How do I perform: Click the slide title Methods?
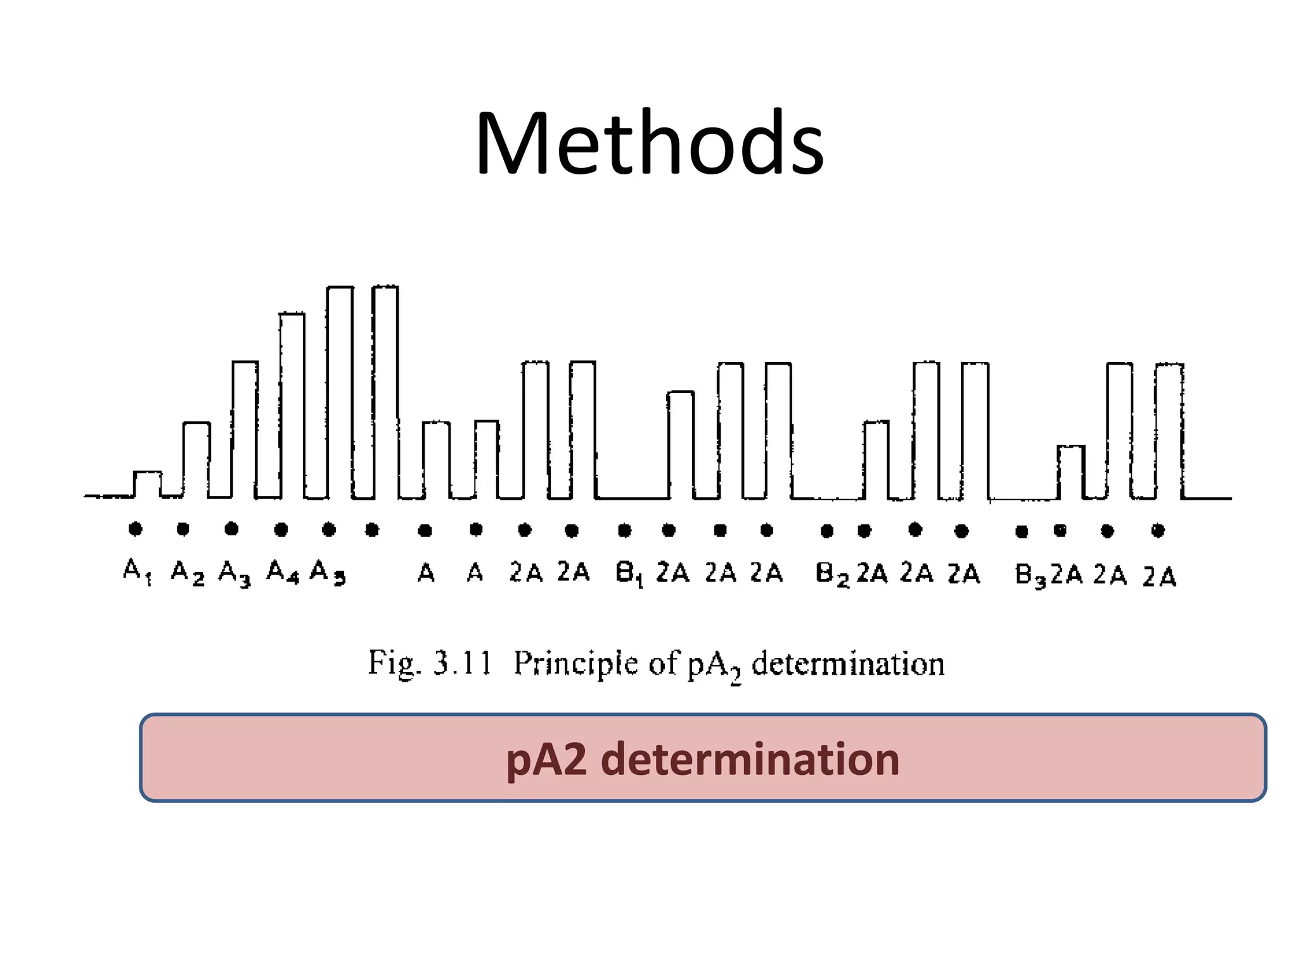650,144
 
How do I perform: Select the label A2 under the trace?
188,573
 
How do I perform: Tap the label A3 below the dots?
235,573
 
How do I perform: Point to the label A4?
283,573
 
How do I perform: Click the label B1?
629,574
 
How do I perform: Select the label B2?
832,575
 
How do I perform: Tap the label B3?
1029,576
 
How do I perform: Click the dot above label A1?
135,528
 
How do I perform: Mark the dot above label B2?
826,531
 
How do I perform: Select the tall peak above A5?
340,390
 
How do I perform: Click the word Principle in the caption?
575,664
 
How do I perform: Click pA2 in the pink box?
546,759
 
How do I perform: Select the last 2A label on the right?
1159,577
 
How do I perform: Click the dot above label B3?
1021,531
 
